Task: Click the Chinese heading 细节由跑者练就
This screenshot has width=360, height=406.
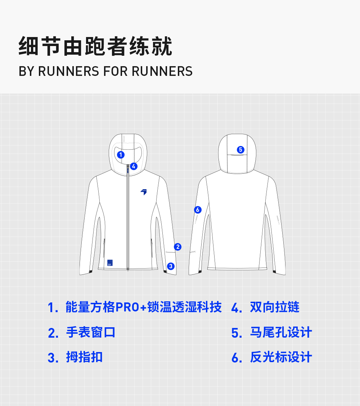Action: click(95, 46)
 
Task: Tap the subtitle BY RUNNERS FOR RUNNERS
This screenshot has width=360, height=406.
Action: click(105, 71)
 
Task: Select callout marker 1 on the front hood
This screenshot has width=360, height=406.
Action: click(121, 155)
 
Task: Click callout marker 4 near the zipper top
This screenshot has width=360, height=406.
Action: click(134, 166)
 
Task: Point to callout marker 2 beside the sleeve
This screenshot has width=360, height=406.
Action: click(177, 247)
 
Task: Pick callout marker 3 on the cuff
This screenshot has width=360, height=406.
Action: click(171, 266)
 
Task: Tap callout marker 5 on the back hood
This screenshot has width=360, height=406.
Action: click(240, 150)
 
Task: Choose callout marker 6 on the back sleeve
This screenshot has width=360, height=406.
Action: click(197, 210)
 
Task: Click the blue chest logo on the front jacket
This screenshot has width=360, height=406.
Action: click(144, 192)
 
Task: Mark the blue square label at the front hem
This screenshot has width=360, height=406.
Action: click(110, 263)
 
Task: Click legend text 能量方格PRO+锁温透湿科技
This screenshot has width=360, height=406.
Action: click(144, 307)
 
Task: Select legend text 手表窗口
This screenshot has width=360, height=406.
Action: click(91, 332)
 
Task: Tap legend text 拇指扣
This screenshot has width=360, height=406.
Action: click(84, 357)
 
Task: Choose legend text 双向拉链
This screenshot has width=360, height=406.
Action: click(275, 307)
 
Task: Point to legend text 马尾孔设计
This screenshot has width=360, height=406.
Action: click(281, 332)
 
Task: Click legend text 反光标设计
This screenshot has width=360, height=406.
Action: click(281, 357)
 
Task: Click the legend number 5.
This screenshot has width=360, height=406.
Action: click(236, 333)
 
